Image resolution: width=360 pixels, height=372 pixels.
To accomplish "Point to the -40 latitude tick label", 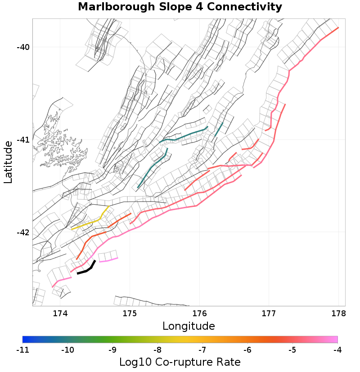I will tap(22, 47).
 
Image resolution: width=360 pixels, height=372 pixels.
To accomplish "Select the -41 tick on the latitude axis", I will tap(22, 140).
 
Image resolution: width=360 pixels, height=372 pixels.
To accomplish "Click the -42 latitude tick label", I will tap(22, 233).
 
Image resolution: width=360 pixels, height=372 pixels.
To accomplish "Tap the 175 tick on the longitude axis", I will tap(130, 314).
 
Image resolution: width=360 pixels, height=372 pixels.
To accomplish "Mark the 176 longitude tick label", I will tap(199, 314).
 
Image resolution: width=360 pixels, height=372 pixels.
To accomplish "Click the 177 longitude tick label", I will tap(269, 314).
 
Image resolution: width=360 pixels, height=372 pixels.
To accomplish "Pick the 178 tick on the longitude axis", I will tap(338, 314).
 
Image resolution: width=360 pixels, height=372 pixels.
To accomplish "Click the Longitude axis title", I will tap(189, 326).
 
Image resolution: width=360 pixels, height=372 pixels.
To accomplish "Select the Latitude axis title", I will tap(8, 162).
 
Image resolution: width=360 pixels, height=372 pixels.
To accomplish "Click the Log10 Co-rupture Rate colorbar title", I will tap(180, 362).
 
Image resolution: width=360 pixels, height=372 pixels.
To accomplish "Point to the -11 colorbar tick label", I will tap(22, 350).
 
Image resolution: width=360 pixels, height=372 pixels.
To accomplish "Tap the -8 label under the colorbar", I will tap(157, 350).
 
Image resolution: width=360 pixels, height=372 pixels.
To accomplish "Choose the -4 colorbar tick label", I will tap(337, 350).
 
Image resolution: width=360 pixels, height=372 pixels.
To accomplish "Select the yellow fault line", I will tap(88, 224).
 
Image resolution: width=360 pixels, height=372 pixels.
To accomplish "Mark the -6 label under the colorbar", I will tap(247, 350).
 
